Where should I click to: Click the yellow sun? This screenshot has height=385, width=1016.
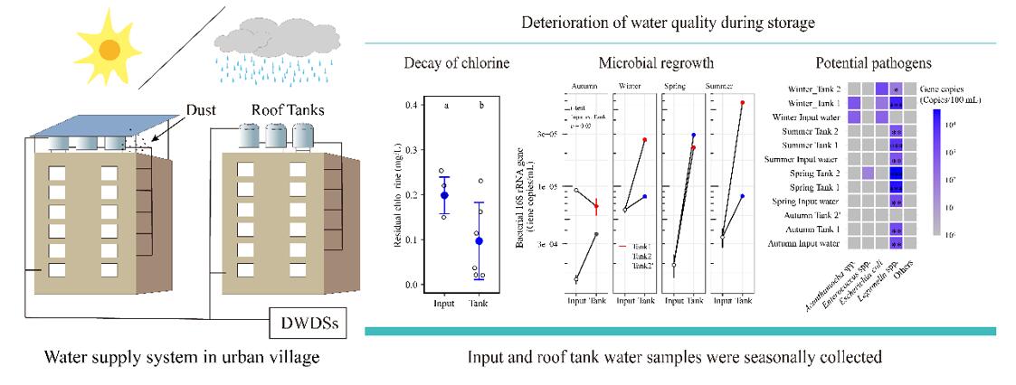[x=107, y=47]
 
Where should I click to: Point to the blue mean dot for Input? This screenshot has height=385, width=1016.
[x=443, y=195]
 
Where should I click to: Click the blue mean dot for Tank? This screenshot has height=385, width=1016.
[x=480, y=240]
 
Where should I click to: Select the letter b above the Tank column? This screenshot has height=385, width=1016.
[x=480, y=106]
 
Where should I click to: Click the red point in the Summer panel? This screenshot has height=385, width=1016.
[x=743, y=103]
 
